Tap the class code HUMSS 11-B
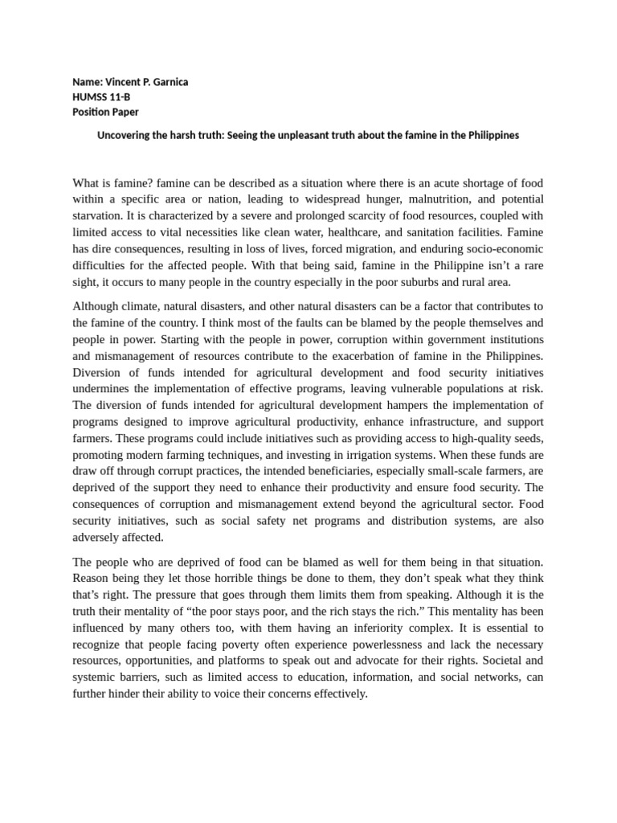[100, 97]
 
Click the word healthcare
[354, 232]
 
